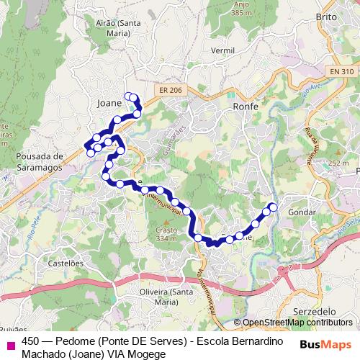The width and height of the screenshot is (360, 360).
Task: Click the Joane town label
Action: pos(109,103)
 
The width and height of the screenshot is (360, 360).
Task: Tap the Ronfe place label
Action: pos(246,106)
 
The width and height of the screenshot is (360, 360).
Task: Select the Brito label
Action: pos(327,15)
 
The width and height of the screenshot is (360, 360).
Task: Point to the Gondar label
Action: pos(301,213)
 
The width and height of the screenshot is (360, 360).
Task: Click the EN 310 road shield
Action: pos(342,71)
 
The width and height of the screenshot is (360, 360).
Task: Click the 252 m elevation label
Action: pos(338,163)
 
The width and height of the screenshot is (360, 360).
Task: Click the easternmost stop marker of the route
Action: pos(273,207)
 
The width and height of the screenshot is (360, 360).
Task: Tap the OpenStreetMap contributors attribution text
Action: pos(297,323)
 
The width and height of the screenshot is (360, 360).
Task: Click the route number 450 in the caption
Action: pos(31,341)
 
